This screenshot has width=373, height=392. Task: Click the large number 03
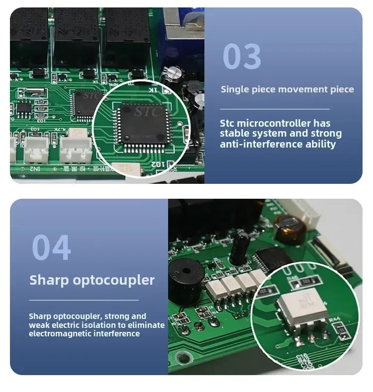coord(242,56)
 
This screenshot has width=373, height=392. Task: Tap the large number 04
coord(51,247)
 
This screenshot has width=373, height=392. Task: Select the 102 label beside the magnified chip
coord(156,163)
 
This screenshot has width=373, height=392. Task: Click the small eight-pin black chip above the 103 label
coord(24,108)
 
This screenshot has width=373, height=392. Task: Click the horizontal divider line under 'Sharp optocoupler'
coord(84,300)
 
